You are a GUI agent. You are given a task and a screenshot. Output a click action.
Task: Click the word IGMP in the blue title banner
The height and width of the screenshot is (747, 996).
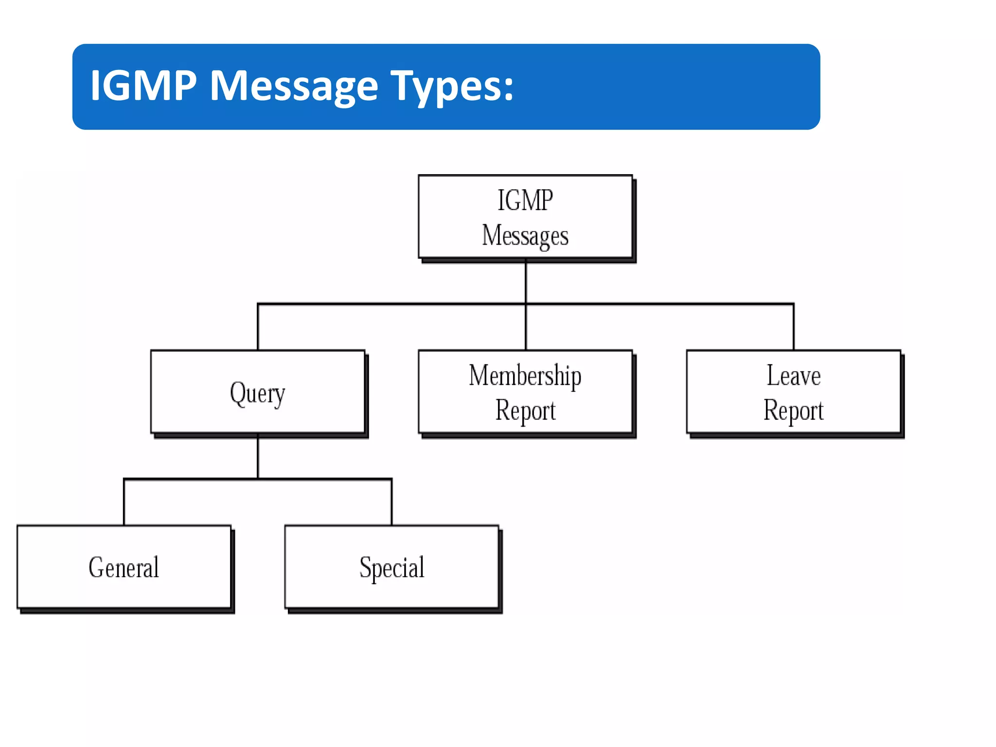143,86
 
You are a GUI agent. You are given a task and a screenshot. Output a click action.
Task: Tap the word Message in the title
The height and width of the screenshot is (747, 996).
293,86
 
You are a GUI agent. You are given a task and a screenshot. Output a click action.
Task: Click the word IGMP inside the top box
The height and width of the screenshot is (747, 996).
525,200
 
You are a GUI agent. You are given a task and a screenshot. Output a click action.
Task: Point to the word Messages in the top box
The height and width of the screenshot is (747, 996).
525,236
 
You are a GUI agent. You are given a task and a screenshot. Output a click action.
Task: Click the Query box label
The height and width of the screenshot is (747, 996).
257,393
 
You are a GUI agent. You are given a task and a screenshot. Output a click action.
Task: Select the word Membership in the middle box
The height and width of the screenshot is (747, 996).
525,375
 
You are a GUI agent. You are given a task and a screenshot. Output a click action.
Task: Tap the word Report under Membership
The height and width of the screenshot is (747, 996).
525,410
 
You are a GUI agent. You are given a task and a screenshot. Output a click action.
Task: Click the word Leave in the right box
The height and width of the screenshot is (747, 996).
794,375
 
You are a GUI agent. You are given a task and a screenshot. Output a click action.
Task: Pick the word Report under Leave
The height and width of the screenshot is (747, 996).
794,410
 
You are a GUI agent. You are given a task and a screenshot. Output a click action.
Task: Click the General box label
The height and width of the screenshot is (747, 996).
124,568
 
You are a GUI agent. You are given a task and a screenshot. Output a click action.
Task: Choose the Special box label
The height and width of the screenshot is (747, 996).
391,568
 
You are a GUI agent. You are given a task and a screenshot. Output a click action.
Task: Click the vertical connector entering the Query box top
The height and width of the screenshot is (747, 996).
258,327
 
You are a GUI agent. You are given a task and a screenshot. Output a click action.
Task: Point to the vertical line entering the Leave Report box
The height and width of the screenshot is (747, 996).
794,327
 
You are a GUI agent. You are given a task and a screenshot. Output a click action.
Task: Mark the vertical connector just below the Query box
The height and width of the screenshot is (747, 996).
258,457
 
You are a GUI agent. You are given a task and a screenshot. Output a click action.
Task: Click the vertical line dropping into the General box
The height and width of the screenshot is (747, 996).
124,502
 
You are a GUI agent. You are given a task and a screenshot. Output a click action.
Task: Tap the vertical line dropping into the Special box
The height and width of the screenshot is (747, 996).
391,502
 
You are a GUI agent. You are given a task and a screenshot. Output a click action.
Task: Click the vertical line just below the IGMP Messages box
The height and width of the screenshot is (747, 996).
526,282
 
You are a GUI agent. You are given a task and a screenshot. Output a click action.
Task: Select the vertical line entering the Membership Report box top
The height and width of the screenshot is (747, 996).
526,327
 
